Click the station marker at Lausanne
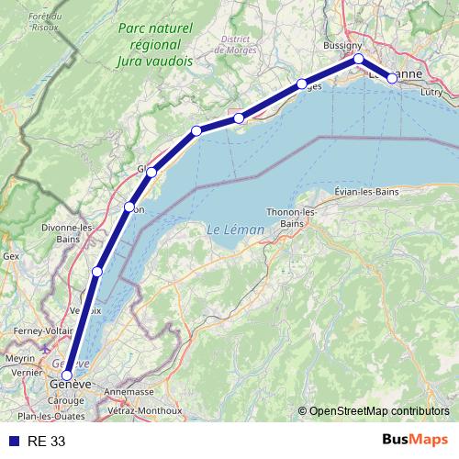coord(392,78)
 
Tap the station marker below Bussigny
coord(359,59)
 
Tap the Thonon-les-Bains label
coord(291,218)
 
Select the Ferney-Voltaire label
coord(42,330)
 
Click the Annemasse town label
coord(129,391)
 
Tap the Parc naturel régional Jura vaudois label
coord(154,45)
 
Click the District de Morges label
coord(238,44)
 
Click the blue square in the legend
coord(14,441)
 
